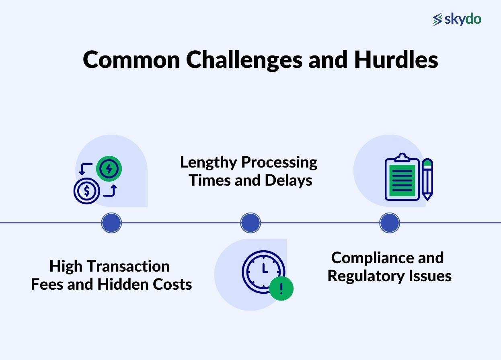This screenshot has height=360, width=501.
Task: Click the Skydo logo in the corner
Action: [457, 19]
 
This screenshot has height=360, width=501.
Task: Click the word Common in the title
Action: [131, 59]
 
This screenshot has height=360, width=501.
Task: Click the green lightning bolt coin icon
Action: [109, 168]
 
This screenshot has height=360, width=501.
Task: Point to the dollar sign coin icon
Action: [86, 191]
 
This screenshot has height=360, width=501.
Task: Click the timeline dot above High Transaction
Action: [111, 223]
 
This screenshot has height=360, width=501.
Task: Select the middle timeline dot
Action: [250, 223]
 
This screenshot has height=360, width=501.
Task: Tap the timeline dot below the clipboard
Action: [390, 223]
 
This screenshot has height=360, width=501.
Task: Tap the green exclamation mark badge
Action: [281, 288]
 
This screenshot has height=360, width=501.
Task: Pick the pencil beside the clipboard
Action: [427, 179]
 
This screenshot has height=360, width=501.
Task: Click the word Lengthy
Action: [208, 163]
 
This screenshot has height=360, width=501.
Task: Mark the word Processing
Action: [279, 163]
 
